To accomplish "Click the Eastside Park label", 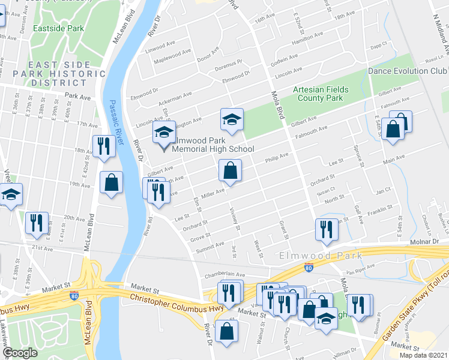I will point(59,28).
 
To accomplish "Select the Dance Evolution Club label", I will point(408,71).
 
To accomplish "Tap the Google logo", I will point(20,353).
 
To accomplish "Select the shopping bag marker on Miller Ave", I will point(230,171).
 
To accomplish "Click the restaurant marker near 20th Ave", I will point(37,223).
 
